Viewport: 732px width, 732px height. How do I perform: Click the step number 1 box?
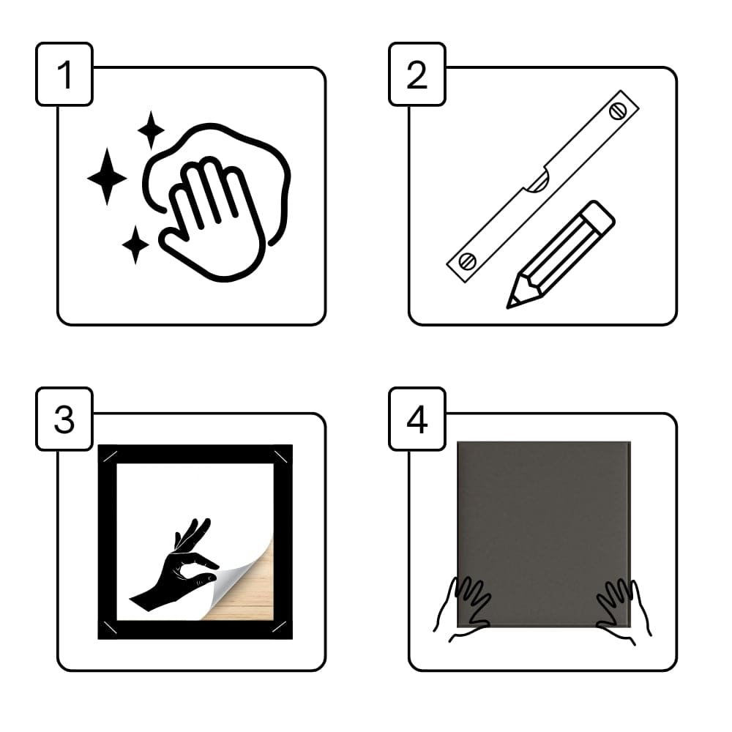[64, 74]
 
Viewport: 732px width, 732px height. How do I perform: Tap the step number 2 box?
[417, 74]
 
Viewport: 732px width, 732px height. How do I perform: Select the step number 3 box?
[64, 419]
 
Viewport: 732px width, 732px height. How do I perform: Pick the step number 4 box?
[417, 419]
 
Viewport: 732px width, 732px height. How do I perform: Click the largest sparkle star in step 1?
[107, 177]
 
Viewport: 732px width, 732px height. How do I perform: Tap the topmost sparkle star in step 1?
[151, 130]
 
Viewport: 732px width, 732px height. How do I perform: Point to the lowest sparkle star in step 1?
[135, 244]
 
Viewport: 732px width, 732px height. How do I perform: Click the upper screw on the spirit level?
[618, 111]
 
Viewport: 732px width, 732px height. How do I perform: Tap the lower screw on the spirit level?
[467, 261]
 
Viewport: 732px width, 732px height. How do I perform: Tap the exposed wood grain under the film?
[252, 597]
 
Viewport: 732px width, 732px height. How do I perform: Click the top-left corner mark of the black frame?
[109, 456]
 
